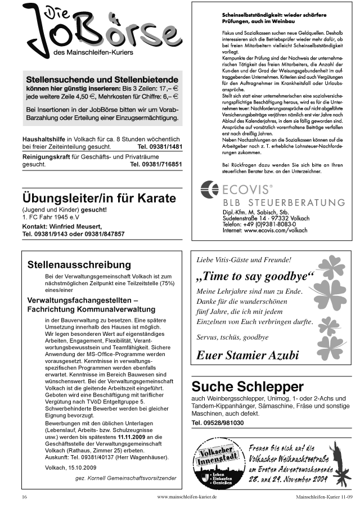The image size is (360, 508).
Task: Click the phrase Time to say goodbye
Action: pyautogui.click(x=254, y=277)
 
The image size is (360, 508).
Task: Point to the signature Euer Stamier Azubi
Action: pyautogui.click(x=247, y=355)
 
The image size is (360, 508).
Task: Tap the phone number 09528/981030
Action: pyautogui.click(x=218, y=422)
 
